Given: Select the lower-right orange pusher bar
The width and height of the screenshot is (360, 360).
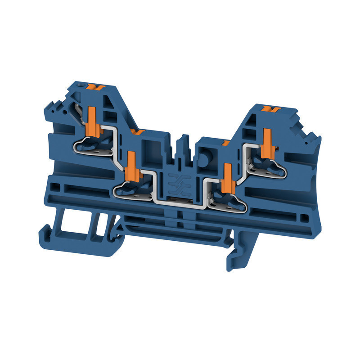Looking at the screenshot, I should point(227,176).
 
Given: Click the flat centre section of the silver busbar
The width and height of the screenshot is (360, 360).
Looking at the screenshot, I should point(180,202).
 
